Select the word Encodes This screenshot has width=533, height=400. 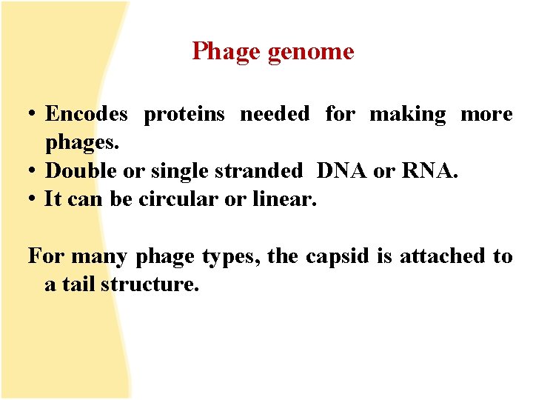[86, 114]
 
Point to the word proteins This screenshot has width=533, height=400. [190, 115]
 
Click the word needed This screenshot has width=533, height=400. [275, 114]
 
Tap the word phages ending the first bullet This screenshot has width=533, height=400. [78, 143]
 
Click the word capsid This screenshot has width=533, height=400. [332, 257]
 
